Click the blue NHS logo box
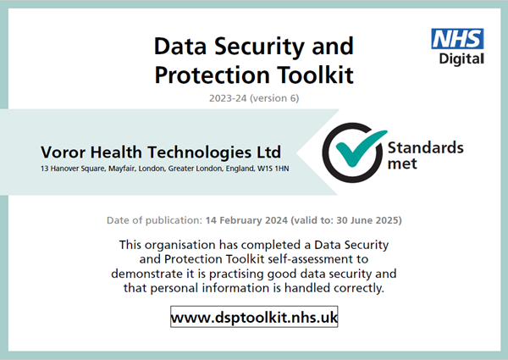pos(457,39)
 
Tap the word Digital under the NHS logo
pos(461,59)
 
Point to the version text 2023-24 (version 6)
pos(254,98)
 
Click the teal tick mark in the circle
pos(361,147)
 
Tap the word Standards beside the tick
pos(426,147)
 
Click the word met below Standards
pos(402,163)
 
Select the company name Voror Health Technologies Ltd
pos(161,152)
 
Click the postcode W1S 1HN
pos(273,169)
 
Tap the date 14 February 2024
pos(246,220)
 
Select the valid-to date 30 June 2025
pos(367,220)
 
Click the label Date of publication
pos(155,220)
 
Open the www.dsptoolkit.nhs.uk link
pos(254,317)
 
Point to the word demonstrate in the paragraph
pos(146,274)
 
